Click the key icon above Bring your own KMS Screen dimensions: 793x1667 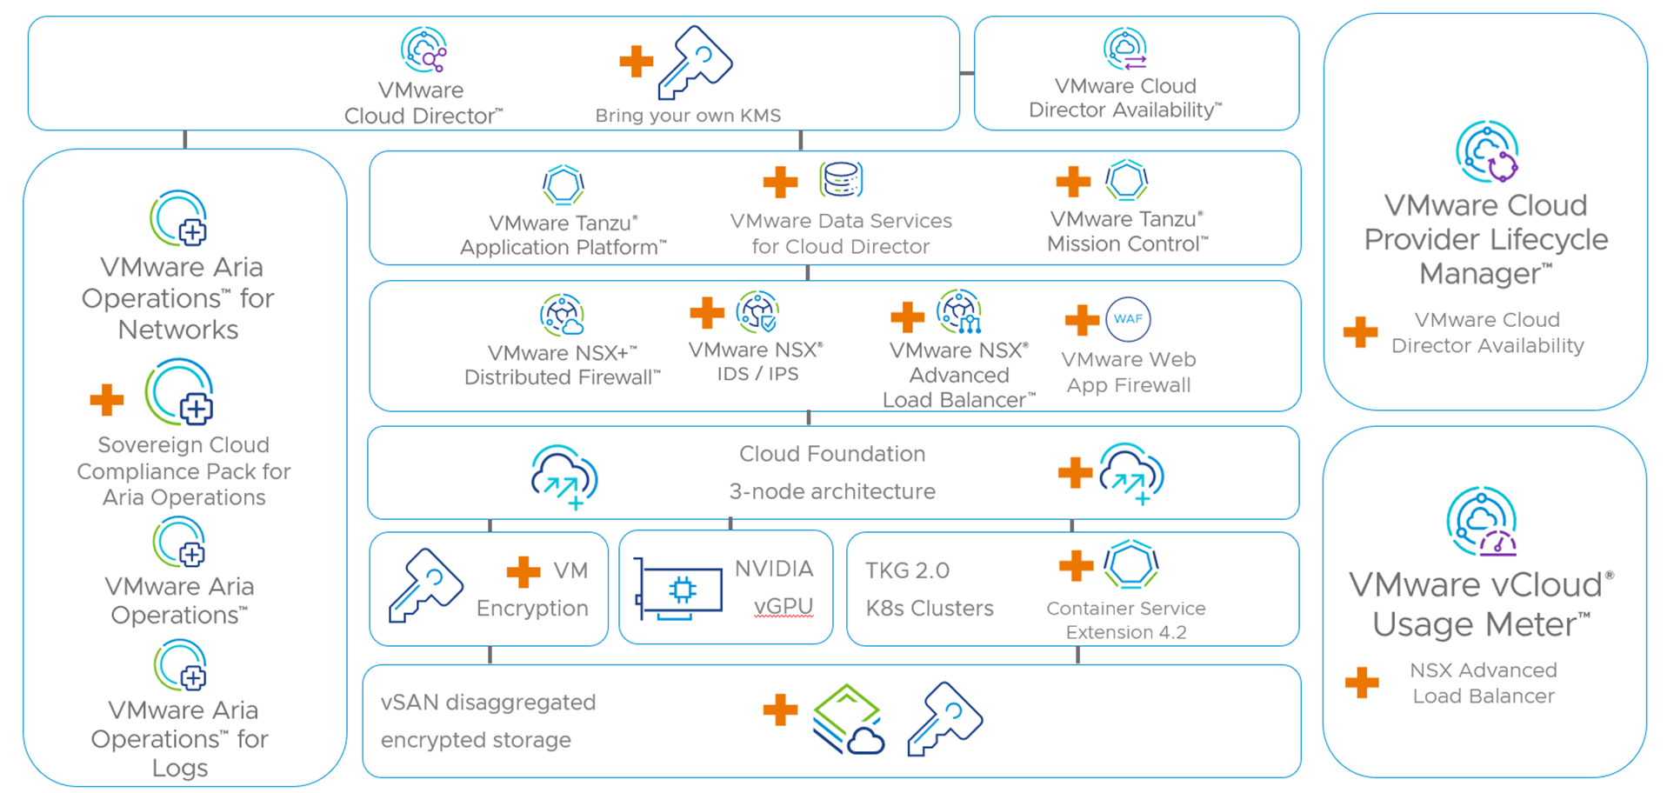coord(695,62)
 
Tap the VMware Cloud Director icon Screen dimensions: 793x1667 coord(423,50)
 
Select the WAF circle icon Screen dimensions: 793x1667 coord(1128,319)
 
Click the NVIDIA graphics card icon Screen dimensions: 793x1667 coord(679,590)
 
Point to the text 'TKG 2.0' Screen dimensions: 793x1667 coord(907,570)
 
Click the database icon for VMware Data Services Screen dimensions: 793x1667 coord(841,179)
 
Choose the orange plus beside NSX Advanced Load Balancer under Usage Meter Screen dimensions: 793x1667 coord(1361,683)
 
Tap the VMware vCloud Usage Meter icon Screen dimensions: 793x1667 coord(1482,522)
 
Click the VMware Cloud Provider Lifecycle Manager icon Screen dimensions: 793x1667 coord(1487,152)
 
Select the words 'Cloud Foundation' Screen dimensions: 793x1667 coord(831,454)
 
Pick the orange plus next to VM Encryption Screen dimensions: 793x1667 coord(523,571)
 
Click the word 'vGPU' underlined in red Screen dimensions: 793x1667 coord(783,606)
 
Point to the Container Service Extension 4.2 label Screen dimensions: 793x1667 coord(1126,620)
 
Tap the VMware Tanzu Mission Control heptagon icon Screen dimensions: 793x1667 coord(1127,181)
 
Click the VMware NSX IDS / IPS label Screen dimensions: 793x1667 coord(756,362)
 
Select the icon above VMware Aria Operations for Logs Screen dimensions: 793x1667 coord(180,666)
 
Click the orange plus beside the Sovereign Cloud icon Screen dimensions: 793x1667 coord(107,400)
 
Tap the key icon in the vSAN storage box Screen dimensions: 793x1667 coord(944,718)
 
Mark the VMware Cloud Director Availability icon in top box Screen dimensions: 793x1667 coord(1125,49)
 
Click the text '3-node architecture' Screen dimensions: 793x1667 coord(831,491)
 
